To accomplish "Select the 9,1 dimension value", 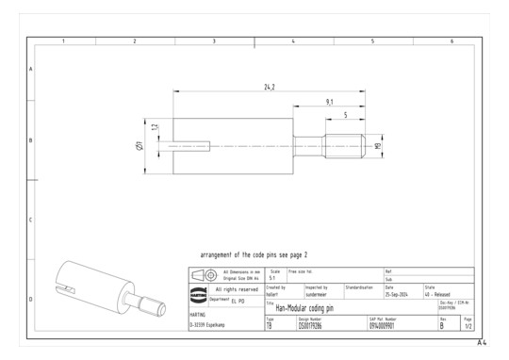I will pos(328,101).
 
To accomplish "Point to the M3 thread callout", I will pos(378,146).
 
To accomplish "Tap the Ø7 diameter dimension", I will pos(138,146).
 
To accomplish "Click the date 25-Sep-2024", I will pos(398,293).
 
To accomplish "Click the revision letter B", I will pos(441,325).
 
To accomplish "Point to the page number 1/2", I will pos(468,325).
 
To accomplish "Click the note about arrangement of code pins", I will pos(254,254).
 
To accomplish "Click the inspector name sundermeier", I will pos(317,293).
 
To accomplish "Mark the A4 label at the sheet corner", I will pos(482,342).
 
